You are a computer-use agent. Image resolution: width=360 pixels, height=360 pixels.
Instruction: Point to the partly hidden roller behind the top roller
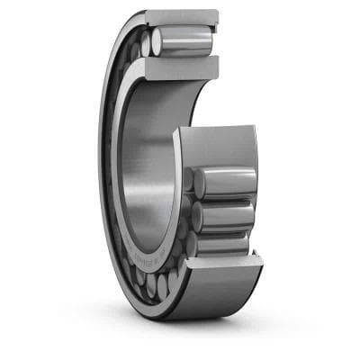[x=145, y=45]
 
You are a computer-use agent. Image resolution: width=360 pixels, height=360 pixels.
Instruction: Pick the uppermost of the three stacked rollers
[x=225, y=183]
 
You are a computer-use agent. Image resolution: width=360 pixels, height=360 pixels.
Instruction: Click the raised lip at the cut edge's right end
[x=256, y=260]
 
